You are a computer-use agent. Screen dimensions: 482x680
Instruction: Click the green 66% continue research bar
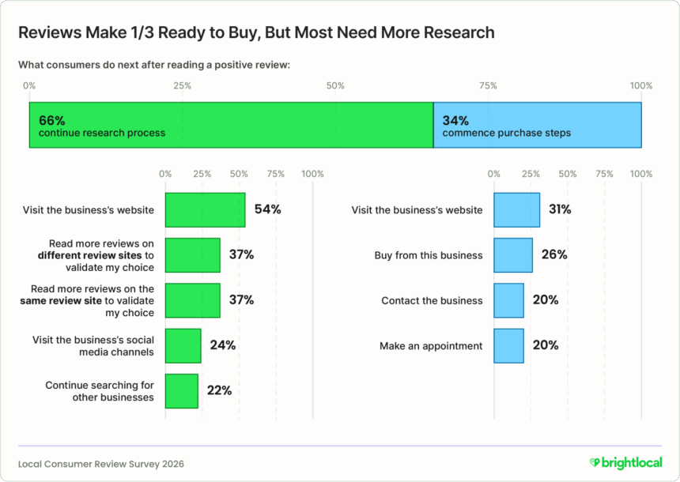click(x=231, y=126)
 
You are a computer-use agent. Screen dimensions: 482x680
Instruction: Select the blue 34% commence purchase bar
click(x=537, y=126)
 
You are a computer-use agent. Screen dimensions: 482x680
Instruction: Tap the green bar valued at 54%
click(x=205, y=210)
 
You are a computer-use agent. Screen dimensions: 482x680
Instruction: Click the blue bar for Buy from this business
click(x=513, y=255)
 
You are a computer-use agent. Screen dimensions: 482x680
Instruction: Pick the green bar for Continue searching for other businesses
click(x=181, y=391)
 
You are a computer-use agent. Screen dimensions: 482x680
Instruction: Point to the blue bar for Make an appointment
click(x=508, y=345)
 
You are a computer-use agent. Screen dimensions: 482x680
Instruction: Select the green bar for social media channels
click(x=183, y=345)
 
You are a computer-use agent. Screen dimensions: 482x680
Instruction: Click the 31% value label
click(x=560, y=210)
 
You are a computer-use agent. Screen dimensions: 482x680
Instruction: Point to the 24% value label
click(x=222, y=345)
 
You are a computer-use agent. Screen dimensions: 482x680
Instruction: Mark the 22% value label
click(x=219, y=391)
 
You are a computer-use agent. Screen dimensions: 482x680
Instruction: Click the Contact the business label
click(x=432, y=300)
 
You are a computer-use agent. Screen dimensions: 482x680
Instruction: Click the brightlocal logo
click(x=625, y=462)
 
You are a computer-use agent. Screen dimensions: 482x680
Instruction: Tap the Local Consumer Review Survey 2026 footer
click(x=100, y=463)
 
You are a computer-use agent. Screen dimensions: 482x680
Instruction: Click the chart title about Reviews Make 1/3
click(x=256, y=33)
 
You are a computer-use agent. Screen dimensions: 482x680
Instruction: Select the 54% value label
click(x=267, y=210)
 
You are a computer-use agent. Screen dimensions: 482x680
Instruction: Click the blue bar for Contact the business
click(x=508, y=300)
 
